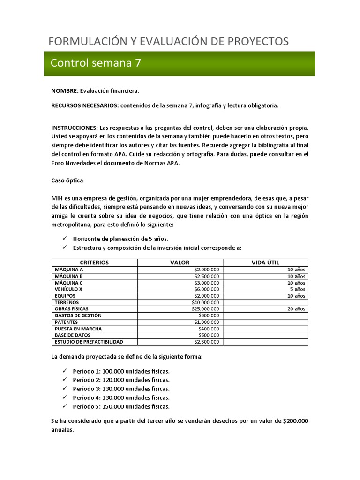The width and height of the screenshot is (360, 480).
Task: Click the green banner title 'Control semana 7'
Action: pos(96,63)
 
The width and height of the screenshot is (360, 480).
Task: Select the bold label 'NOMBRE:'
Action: pos(65,90)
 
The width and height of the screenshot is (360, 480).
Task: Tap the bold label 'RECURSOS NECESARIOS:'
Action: pos(85,105)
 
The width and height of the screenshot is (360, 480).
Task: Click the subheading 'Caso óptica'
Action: pos(67,180)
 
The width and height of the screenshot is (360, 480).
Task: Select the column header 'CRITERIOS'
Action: pos(94,262)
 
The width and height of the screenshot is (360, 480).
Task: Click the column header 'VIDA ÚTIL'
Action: pos(265,262)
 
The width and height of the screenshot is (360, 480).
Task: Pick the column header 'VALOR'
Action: pos(180,262)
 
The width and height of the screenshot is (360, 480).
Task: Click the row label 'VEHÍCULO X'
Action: pos(68,289)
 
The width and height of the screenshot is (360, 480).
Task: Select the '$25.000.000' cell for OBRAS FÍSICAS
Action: pos(205,309)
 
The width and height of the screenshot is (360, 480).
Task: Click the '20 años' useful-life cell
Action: pos(296,309)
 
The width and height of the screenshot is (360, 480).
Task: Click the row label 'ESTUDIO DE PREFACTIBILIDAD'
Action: pos(89,342)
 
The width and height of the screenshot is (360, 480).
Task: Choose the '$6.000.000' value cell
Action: pos(207,289)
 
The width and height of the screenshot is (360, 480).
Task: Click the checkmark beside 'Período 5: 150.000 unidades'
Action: pos(65,406)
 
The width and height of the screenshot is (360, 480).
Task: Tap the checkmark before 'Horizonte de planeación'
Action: pos(65,239)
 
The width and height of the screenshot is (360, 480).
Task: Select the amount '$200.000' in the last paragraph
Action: pos(296,421)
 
